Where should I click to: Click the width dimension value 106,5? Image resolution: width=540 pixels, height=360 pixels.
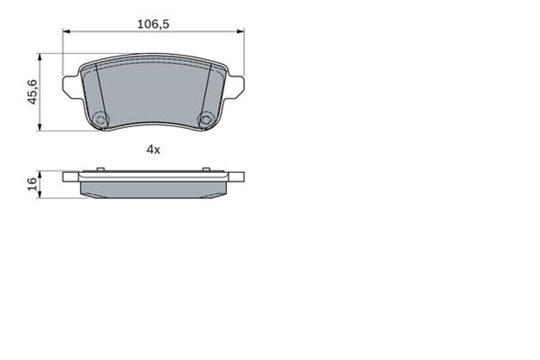pyautogui.click(x=154, y=24)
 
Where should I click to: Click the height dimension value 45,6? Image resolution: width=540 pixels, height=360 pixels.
pyautogui.click(x=33, y=91)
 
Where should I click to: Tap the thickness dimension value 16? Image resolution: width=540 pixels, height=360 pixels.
pyautogui.click(x=33, y=185)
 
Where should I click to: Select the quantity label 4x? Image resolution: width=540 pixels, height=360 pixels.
pyautogui.click(x=153, y=149)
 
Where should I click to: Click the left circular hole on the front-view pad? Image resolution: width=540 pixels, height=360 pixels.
pyautogui.click(x=101, y=119)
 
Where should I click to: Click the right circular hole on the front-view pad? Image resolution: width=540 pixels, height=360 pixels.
pyautogui.click(x=204, y=119)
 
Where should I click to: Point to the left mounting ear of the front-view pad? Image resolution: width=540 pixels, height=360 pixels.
pyautogui.click(x=70, y=83)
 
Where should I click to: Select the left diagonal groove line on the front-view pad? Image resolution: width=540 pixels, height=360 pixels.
pyautogui.click(x=96, y=89)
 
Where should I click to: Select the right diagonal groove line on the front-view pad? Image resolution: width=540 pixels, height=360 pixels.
pyautogui.click(x=209, y=89)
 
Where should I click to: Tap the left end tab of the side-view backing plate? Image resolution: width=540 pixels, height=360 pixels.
pyautogui.click(x=70, y=178)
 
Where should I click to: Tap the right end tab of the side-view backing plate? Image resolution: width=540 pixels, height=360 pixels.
pyautogui.click(x=236, y=178)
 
